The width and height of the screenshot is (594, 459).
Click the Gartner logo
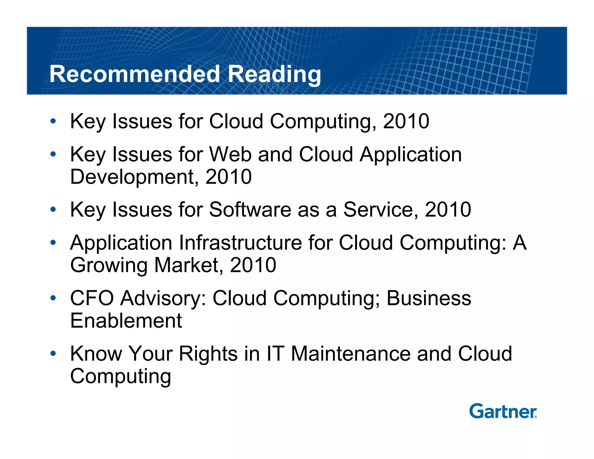tap(503, 411)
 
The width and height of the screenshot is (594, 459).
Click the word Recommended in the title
tap(135, 74)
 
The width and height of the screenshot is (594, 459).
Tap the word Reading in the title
tap(274, 74)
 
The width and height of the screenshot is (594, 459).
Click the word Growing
tap(109, 265)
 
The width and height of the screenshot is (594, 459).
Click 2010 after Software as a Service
tap(448, 209)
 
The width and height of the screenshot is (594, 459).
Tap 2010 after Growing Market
tap(253, 265)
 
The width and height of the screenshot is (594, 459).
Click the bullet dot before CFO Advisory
tap(53, 298)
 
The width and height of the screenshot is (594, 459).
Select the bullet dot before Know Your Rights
tap(53, 354)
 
